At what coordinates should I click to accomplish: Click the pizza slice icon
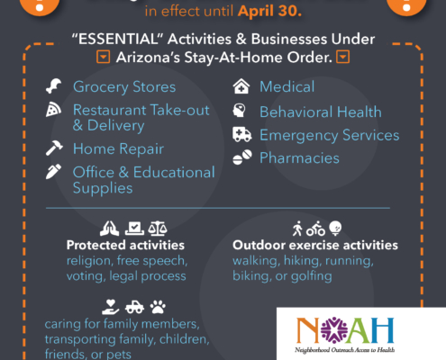point(53,110)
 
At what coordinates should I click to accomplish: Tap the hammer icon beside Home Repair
point(54,148)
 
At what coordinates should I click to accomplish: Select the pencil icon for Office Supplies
point(53,172)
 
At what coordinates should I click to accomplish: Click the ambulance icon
point(241,134)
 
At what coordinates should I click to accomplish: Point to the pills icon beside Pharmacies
point(242,157)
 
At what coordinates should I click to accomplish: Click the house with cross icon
point(241,86)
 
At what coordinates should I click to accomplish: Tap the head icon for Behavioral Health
point(239,111)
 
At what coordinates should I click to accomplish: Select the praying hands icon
point(109,229)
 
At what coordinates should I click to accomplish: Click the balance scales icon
point(158,229)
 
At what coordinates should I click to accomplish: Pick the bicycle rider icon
point(315,229)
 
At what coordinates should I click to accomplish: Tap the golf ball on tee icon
point(335,229)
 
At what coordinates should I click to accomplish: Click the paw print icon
point(158,307)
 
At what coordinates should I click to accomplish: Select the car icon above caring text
point(134,307)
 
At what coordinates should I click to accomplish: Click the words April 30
point(269,11)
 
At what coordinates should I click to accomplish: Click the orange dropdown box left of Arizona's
point(103,57)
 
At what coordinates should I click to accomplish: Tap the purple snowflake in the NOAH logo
point(334,330)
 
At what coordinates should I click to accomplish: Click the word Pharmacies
point(299,157)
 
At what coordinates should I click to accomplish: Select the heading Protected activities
point(125,245)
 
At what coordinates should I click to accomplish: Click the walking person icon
point(297,229)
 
